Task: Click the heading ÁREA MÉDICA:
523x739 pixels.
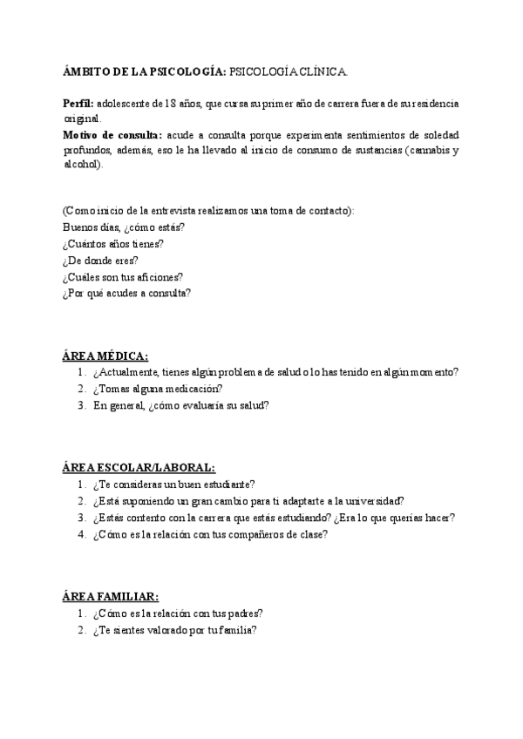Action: click(105, 356)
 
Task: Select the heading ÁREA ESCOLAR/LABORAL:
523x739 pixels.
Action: click(138, 467)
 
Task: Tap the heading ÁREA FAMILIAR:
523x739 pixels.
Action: click(110, 596)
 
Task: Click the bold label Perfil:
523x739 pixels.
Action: click(78, 103)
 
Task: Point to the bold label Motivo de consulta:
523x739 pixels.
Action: click(112, 135)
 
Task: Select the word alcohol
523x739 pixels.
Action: click(81, 166)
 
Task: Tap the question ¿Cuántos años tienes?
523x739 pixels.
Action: click(112, 244)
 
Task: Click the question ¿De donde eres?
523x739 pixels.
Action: click(100, 260)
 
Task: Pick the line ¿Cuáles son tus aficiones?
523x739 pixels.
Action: click(122, 276)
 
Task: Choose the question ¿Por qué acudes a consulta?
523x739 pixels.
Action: click(126, 293)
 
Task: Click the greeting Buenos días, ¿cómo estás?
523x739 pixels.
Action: click(123, 227)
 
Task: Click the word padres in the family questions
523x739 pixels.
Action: click(244, 614)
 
